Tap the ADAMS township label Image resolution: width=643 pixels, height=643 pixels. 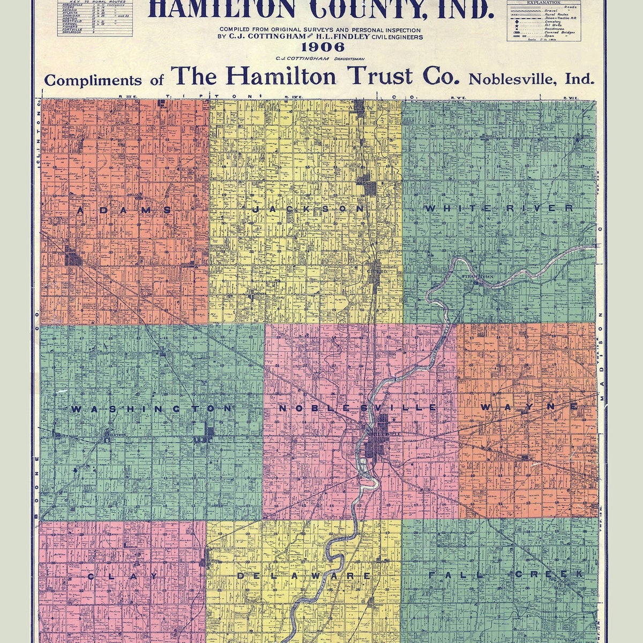pyautogui.click(x=124, y=211)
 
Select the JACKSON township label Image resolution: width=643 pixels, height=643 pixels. pyautogui.click(x=309, y=209)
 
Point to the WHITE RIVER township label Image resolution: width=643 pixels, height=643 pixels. pyautogui.click(x=498, y=208)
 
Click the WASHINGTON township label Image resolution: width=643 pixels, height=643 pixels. pyautogui.click(x=152, y=409)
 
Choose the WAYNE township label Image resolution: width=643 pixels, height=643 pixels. pyautogui.click(x=529, y=407)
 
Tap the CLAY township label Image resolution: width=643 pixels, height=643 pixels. pyautogui.click(x=123, y=577)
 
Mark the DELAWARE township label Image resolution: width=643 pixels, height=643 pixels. pyautogui.click(x=304, y=576)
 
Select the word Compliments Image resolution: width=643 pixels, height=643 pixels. pyautogui.click(x=93, y=80)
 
